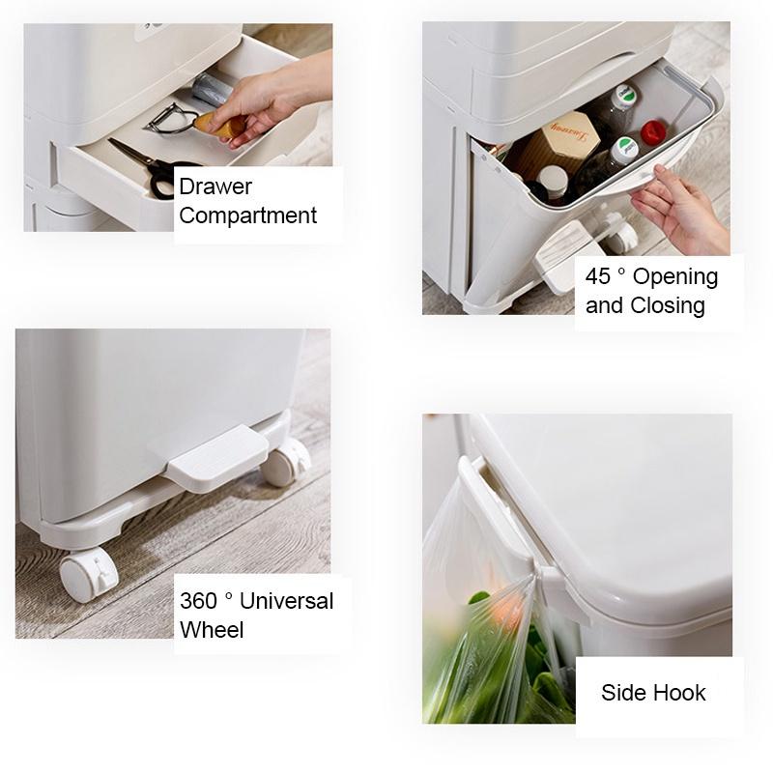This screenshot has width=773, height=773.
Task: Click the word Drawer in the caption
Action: (x=215, y=186)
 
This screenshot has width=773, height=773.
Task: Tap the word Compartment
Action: (x=247, y=215)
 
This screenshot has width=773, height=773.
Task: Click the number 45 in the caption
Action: (x=598, y=276)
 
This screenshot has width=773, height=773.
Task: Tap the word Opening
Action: (x=675, y=276)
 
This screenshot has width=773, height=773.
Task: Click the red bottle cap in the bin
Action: (x=653, y=131)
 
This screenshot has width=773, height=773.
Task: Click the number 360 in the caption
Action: (x=198, y=600)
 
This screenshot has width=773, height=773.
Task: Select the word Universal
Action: (x=286, y=600)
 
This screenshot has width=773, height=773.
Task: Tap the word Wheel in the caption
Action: (x=212, y=630)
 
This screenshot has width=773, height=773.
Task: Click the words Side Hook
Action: (x=653, y=692)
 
